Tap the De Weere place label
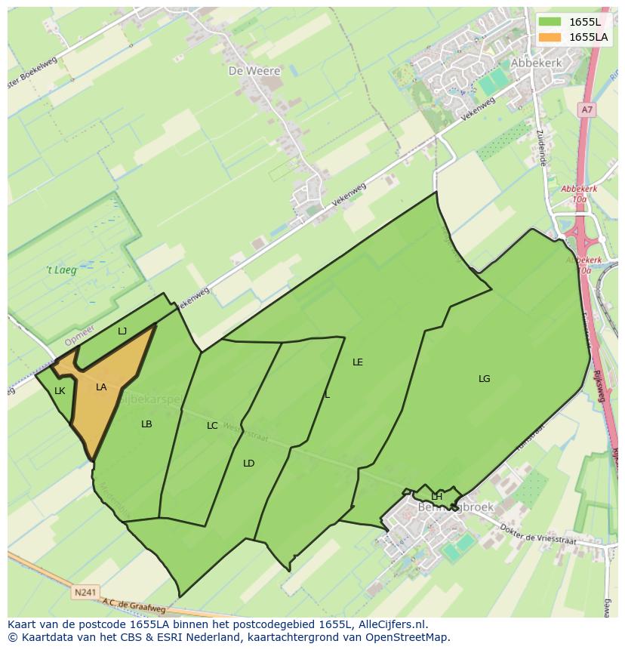[x=254, y=71]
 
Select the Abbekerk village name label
[x=537, y=63]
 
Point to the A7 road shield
[x=587, y=110]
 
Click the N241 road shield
[x=85, y=593]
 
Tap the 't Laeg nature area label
[x=60, y=270]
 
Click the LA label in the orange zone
[x=101, y=387]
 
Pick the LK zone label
[x=60, y=390]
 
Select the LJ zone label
[x=122, y=331]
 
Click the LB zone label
[x=146, y=424]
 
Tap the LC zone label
[x=212, y=426]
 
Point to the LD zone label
[x=248, y=464]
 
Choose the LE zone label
[x=358, y=362]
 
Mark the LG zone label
[x=484, y=379]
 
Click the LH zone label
[x=436, y=496]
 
